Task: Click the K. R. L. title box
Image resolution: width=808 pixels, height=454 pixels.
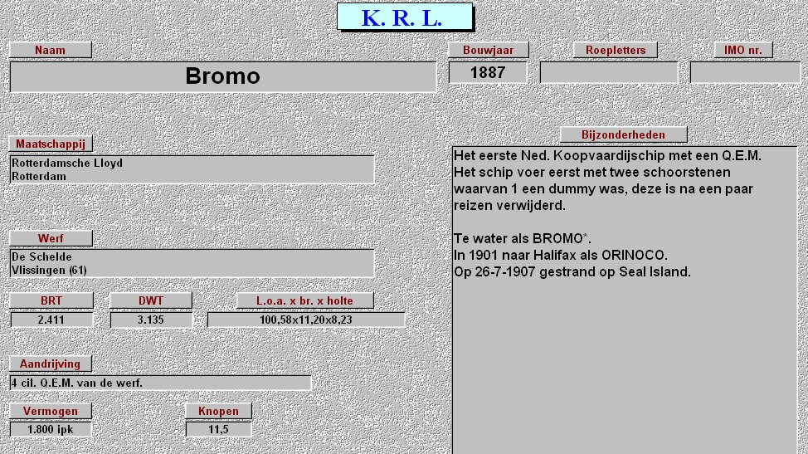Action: click(405, 17)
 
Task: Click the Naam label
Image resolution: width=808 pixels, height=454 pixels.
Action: click(51, 50)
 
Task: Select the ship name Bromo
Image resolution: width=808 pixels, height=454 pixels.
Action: click(222, 76)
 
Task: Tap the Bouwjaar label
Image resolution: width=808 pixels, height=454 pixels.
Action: click(488, 50)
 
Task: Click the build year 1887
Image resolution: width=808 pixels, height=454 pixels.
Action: click(488, 73)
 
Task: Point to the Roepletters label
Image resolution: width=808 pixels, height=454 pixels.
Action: click(616, 50)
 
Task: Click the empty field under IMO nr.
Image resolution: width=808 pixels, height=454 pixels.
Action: click(745, 73)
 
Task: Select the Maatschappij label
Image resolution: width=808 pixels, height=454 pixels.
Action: click(51, 144)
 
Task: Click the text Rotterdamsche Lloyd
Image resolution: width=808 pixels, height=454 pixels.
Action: click(67, 164)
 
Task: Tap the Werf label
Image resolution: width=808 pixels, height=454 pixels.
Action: click(51, 238)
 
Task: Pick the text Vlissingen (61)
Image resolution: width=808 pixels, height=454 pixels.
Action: click(49, 271)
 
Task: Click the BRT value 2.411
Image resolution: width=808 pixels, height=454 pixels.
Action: click(51, 320)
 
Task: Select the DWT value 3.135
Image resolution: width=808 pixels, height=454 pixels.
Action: click(150, 320)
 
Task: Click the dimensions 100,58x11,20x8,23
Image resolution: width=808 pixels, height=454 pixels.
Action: click(305, 320)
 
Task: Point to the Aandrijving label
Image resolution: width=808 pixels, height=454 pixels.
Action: click(50, 364)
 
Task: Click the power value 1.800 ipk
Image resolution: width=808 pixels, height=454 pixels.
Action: click(50, 430)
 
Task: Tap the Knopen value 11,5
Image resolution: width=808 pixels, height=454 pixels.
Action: click(218, 430)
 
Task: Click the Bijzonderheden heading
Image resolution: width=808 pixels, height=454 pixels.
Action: click(623, 134)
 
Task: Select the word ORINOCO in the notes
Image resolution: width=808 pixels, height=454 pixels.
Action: click(635, 255)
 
